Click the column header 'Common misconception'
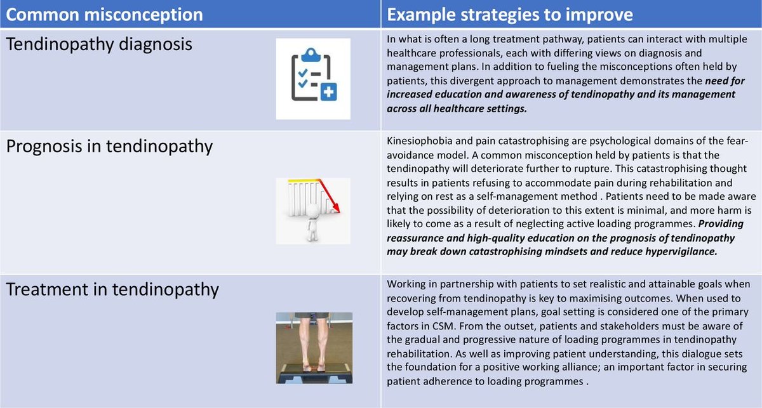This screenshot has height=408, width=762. point(105,15)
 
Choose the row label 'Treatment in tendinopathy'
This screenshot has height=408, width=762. point(112,289)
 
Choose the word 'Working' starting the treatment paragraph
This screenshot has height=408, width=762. point(407,283)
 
